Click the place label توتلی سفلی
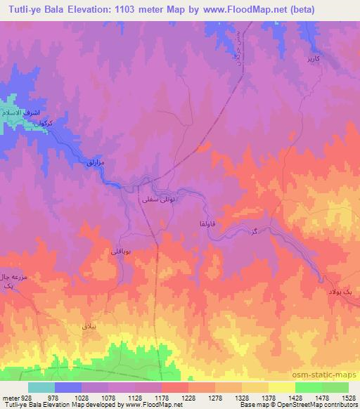[x=156, y=200]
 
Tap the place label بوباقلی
[x=120, y=249]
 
